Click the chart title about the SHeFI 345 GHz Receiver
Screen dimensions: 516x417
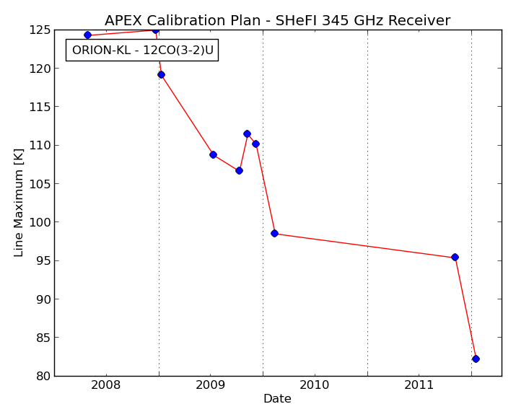coord(277,20)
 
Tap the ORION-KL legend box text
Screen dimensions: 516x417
coord(142,51)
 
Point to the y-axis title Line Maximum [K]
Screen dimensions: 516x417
coord(19,203)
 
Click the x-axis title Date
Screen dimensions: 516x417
coord(277,398)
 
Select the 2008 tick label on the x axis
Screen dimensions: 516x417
coord(106,385)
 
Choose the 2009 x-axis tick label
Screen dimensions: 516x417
coord(210,385)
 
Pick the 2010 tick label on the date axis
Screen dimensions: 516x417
coord(315,385)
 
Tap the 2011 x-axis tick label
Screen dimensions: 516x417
coord(419,385)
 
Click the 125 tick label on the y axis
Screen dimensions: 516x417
coord(40,30)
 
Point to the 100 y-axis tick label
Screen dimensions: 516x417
coord(40,222)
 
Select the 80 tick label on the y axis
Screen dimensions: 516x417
coord(43,376)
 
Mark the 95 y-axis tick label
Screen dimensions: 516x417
coord(43,260)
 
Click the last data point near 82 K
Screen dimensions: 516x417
coord(476,359)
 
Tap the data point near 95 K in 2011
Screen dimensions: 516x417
coord(455,257)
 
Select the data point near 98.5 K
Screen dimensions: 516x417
coord(274,234)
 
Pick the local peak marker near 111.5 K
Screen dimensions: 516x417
coord(247,134)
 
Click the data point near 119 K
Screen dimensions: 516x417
coord(161,74)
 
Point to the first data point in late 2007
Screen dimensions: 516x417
coord(87,35)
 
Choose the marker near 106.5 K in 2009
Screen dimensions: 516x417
coord(240,171)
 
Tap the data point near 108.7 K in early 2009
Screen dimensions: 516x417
coord(213,154)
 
